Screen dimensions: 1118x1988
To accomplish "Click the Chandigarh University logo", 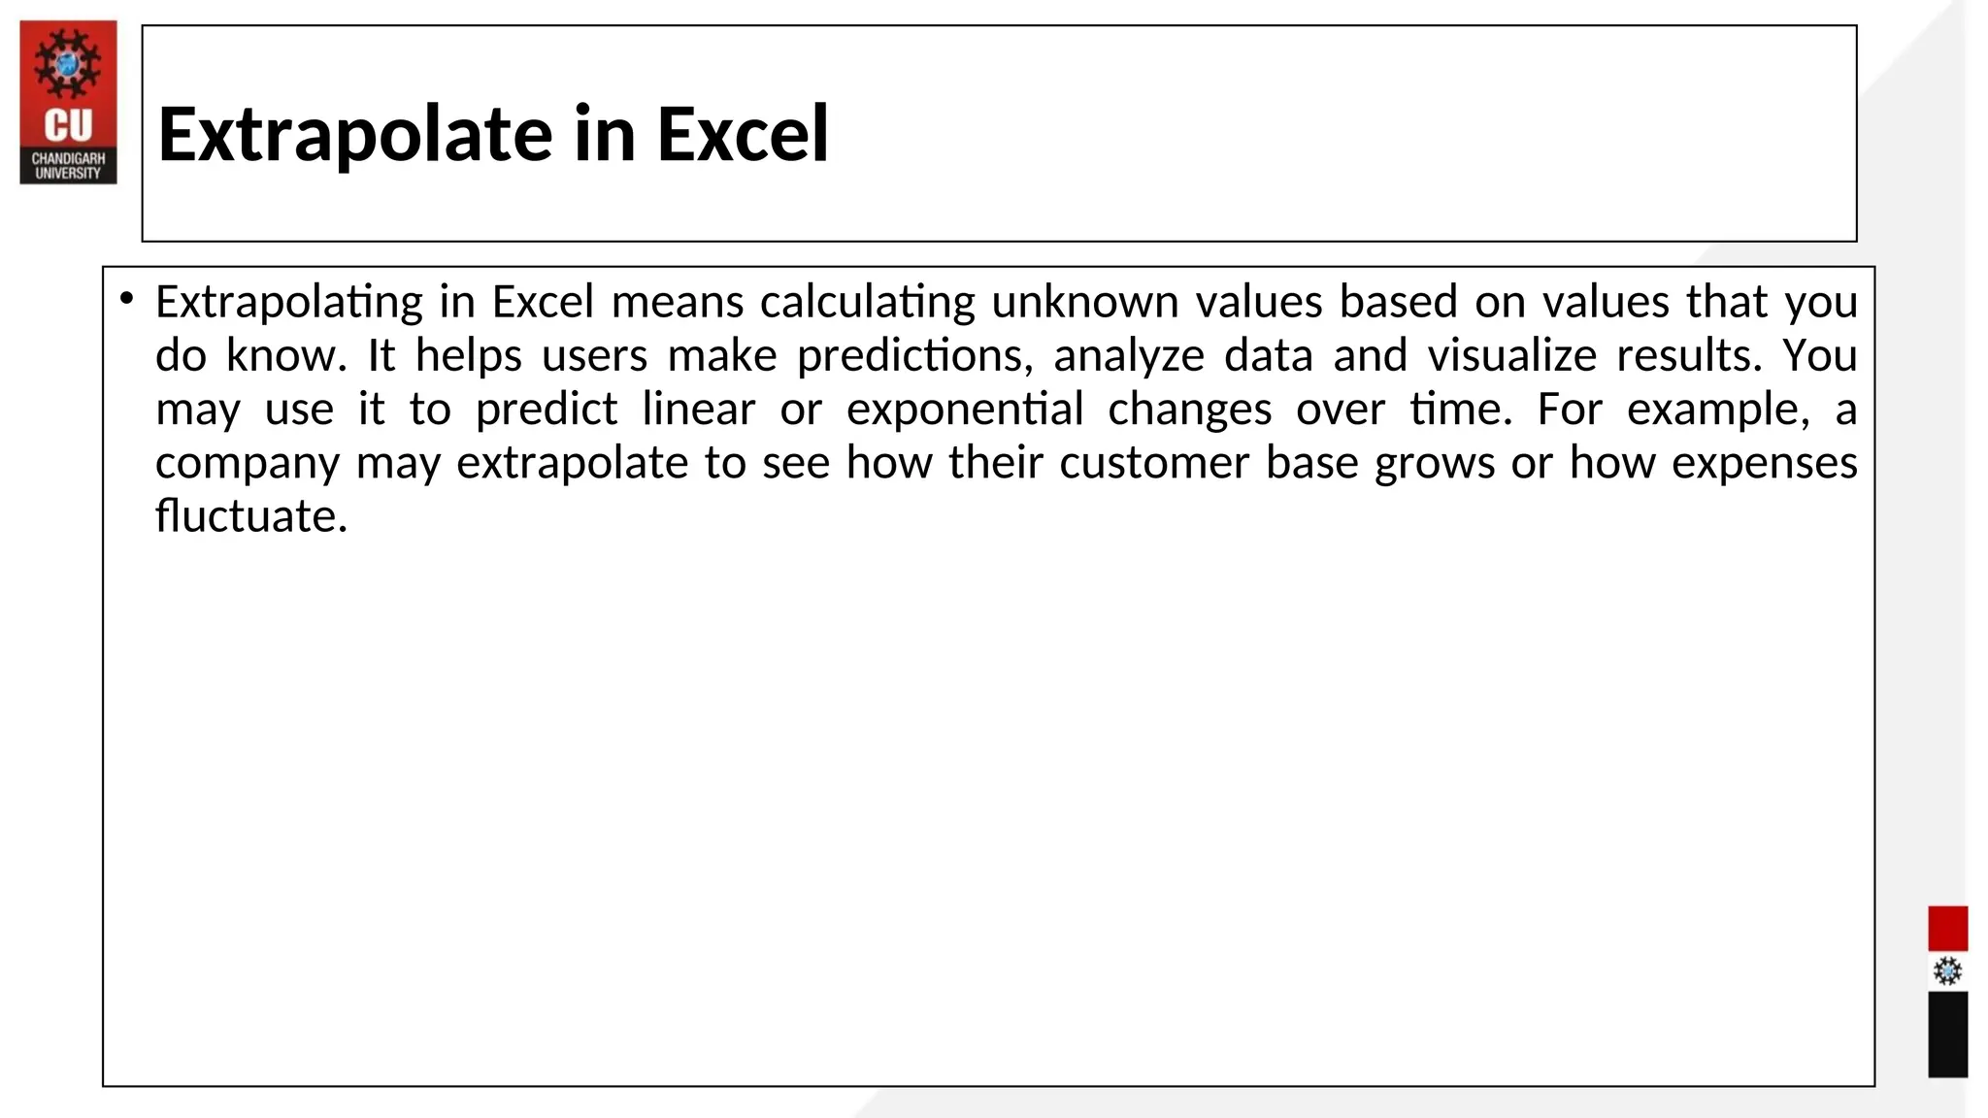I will click(x=68, y=102).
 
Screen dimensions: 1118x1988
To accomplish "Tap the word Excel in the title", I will click(x=743, y=134).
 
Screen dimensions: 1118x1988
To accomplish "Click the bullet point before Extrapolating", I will click(x=126, y=299).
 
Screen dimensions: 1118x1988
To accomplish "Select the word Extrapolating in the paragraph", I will click(x=288, y=302).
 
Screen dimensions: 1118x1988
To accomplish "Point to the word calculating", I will click(x=867, y=302).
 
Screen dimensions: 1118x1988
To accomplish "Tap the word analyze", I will click(x=1129, y=355).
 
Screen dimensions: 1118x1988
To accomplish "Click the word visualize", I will click(x=1511, y=355).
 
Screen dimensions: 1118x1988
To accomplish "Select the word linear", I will click(x=698, y=409).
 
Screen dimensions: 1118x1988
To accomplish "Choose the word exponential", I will click(x=964, y=409).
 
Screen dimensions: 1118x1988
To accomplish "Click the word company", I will click(x=248, y=463).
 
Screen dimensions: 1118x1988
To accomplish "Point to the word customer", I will click(x=1153, y=462).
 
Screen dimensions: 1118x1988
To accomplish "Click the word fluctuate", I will click(x=250, y=515).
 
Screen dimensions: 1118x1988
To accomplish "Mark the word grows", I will click(x=1434, y=463).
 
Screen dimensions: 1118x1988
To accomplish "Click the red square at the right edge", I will click(x=1947, y=928).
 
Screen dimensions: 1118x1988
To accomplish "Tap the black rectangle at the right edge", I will click(x=1947, y=1034).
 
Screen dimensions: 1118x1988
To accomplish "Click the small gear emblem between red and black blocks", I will click(x=1947, y=971).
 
